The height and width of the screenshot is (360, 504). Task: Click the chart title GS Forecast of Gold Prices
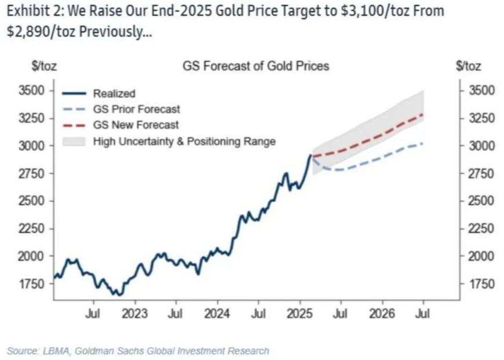(x=255, y=66)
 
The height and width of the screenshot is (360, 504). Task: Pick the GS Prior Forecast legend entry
(x=136, y=109)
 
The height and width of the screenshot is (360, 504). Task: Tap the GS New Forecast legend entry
(x=136, y=125)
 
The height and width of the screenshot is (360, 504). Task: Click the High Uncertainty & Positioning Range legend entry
(x=184, y=141)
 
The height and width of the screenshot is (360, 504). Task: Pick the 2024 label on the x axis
(x=218, y=314)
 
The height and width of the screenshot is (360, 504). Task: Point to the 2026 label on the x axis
(x=382, y=314)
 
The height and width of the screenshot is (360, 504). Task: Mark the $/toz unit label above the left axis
(x=44, y=66)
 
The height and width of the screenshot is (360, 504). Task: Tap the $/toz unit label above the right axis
(x=469, y=66)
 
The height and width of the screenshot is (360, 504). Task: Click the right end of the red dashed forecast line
(x=423, y=114)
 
